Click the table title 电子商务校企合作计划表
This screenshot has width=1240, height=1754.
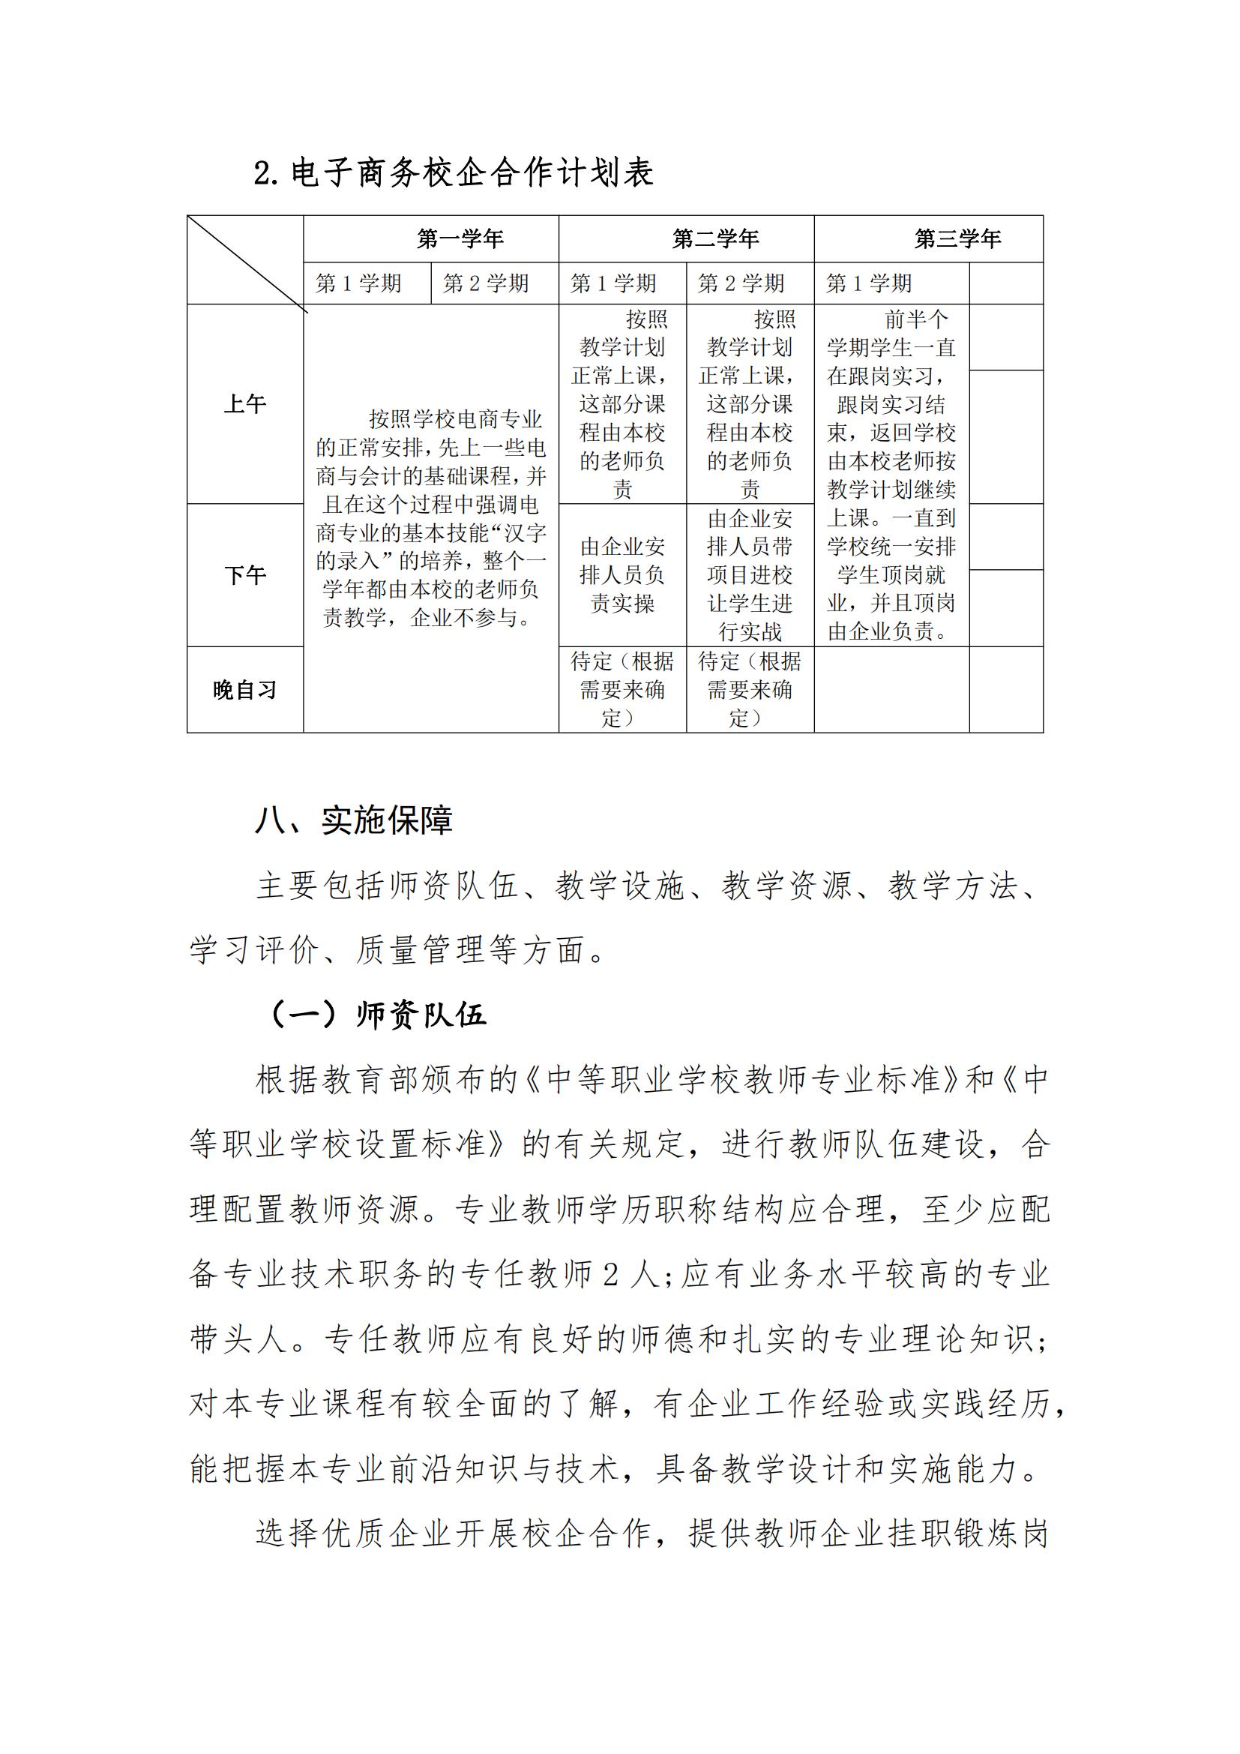454,172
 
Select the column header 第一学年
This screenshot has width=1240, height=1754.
460,239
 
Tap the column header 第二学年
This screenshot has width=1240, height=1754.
715,239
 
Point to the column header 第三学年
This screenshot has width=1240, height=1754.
957,239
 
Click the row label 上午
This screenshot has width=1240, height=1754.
245,404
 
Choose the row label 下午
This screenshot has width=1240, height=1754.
245,575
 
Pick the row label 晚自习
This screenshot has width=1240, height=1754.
245,690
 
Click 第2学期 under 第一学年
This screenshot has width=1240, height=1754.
487,283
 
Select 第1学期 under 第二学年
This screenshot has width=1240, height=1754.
613,283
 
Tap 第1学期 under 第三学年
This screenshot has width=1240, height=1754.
869,283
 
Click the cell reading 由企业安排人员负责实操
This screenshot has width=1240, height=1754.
622,575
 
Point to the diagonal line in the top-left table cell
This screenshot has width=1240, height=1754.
246,262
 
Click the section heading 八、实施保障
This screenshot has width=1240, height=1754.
355,820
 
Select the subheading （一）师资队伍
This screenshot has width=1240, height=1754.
378,1015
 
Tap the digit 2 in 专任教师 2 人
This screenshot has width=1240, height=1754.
610,1274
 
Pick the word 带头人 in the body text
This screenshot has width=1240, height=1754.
238,1339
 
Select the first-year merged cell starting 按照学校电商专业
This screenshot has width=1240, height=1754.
431,518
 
